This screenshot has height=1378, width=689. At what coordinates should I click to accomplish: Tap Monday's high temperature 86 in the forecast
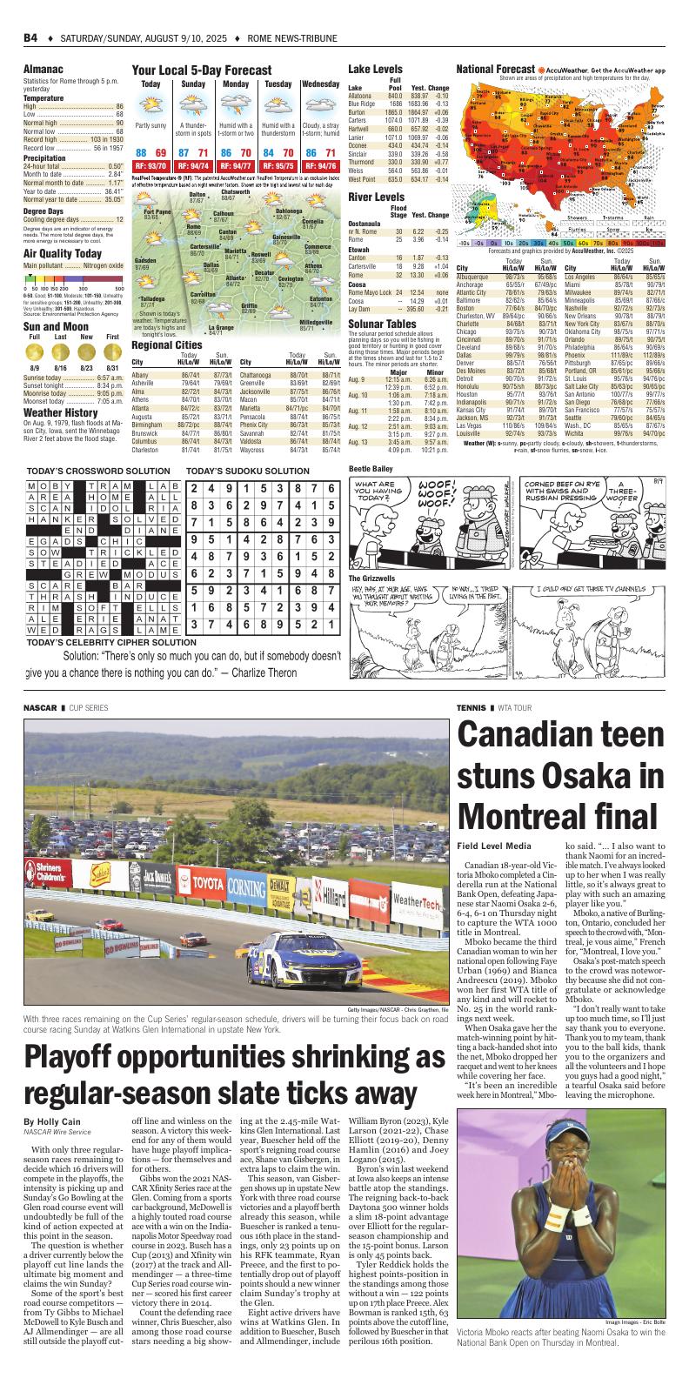[224, 152]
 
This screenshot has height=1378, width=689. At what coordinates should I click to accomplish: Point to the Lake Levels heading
[375, 68]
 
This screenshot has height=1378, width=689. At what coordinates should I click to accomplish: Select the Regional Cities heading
[167, 345]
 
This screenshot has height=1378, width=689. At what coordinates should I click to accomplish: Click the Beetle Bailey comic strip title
[371, 468]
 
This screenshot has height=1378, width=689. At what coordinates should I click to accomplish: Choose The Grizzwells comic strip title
[371, 578]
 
